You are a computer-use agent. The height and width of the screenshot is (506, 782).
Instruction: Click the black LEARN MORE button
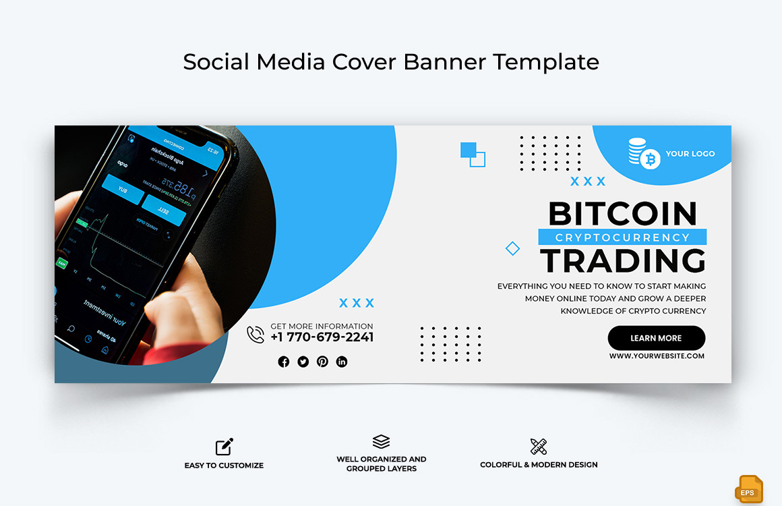[x=656, y=338]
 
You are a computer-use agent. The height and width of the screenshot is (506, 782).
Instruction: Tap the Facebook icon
[x=284, y=362]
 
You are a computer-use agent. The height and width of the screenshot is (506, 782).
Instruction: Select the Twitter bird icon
[x=303, y=362]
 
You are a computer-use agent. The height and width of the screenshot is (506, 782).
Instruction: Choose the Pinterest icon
[x=323, y=362]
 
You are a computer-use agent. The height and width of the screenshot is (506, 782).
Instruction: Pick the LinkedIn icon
[x=342, y=362]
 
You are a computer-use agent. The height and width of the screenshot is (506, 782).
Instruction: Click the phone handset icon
[x=255, y=335]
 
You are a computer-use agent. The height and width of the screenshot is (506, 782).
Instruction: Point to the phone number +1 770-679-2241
[x=322, y=337]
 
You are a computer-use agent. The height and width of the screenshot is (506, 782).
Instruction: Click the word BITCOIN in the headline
[x=622, y=214]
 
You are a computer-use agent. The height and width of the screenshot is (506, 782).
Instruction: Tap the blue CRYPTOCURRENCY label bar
[x=622, y=237]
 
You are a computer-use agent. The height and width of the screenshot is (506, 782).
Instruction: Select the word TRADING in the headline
[x=622, y=261]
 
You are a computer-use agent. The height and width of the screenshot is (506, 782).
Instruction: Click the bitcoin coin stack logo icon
[x=644, y=153]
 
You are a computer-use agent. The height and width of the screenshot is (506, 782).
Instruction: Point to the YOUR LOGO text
[x=690, y=154]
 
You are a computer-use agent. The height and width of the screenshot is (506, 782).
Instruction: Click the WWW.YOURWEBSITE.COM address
[x=657, y=356]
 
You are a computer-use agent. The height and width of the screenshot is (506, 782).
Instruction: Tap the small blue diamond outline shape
[x=512, y=248]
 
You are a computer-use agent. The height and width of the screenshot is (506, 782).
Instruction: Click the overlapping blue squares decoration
[x=473, y=154]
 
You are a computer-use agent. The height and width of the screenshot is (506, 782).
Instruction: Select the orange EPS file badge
[x=749, y=489]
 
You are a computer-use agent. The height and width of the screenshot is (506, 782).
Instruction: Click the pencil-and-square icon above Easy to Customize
[x=224, y=447]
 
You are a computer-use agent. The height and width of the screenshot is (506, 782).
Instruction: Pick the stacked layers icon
[x=382, y=442]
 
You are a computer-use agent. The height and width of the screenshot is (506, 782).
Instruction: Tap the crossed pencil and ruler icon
[x=539, y=446]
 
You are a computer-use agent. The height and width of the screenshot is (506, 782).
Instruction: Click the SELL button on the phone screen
[x=164, y=210]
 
